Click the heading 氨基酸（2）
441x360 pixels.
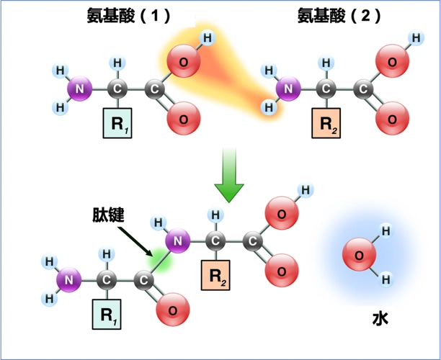click(339, 15)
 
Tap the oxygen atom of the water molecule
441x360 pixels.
click(357, 254)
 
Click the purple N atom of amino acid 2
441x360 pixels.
click(289, 90)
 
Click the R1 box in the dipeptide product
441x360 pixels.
click(107, 315)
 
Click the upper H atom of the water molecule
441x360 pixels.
click(386, 231)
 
